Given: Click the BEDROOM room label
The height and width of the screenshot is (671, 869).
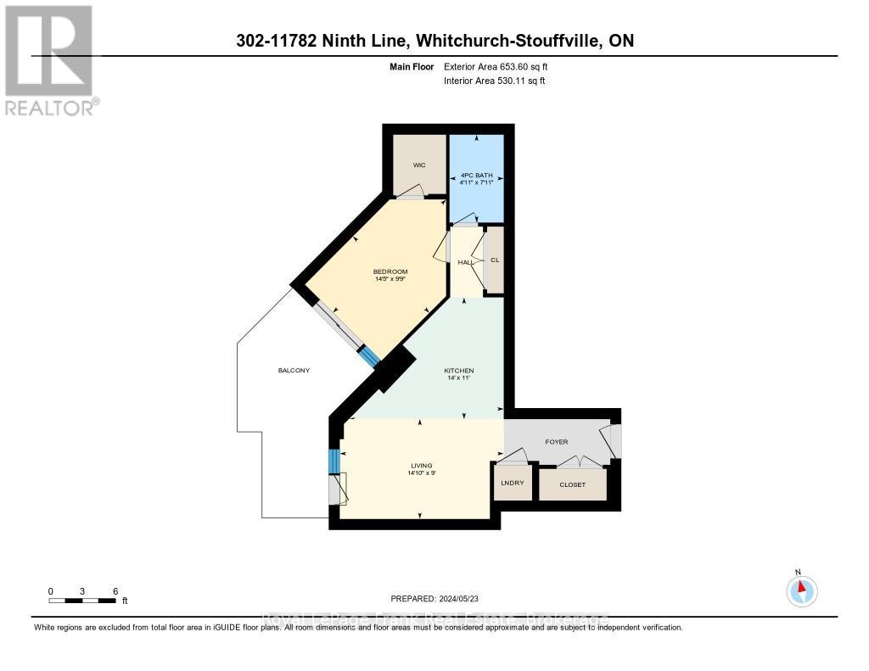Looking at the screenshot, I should (x=390, y=271).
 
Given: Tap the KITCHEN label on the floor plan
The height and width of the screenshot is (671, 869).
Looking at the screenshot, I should (x=458, y=371).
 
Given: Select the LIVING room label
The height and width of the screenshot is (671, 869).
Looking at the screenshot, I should (x=421, y=466).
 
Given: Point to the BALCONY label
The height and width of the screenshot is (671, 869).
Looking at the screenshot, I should (x=294, y=371).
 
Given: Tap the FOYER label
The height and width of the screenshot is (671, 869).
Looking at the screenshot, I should (x=557, y=442).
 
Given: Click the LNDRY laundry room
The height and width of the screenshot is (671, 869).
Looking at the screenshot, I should (x=513, y=483).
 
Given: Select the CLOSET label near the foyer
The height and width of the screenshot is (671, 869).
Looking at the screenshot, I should (x=573, y=484).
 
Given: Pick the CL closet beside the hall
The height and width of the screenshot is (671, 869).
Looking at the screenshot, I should (x=494, y=260).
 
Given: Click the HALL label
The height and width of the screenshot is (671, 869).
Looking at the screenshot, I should (x=465, y=263).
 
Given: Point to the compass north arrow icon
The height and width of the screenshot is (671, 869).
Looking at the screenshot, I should (x=801, y=588).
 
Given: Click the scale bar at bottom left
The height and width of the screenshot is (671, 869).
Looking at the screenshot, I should (x=82, y=601).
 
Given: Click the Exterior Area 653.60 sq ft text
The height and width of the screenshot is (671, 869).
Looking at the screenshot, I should (x=502, y=66).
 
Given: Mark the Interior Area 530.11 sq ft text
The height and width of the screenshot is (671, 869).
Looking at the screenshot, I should (x=495, y=81).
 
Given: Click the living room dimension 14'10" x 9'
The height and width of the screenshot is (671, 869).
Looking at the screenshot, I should (x=421, y=473).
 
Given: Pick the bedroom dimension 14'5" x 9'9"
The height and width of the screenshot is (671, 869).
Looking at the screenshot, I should (x=390, y=279).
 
